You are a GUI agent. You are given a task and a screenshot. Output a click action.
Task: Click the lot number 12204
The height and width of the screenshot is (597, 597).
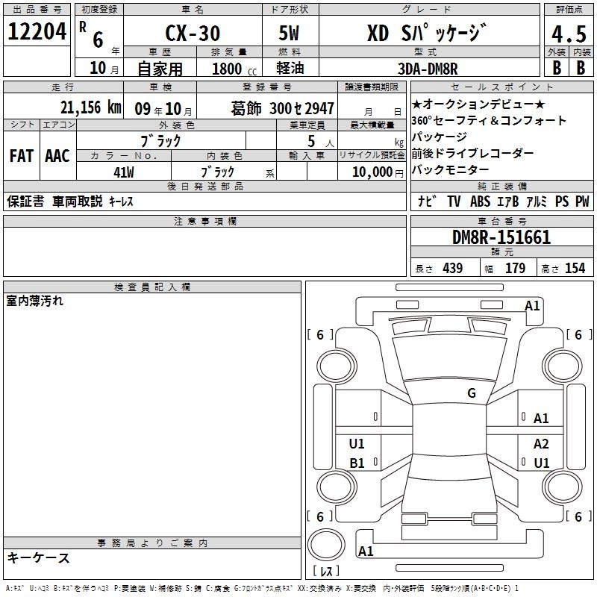(x=37, y=31)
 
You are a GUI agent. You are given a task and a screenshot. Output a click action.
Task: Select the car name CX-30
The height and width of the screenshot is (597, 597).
(x=193, y=33)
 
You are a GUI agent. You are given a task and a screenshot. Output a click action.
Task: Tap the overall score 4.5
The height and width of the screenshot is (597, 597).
(x=569, y=34)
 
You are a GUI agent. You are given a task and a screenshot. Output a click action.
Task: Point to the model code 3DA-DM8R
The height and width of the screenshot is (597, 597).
(x=428, y=69)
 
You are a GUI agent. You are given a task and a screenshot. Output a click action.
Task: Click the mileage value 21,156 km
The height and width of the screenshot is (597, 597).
(x=90, y=107)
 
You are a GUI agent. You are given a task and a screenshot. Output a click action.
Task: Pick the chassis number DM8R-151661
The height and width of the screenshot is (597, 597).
(x=501, y=237)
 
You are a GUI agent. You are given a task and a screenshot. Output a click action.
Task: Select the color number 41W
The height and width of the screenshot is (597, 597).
(x=124, y=172)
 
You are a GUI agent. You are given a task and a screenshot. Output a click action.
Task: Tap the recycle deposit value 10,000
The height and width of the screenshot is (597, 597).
(x=372, y=172)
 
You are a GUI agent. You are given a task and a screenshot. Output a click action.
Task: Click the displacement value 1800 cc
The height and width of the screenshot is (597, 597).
(x=234, y=69)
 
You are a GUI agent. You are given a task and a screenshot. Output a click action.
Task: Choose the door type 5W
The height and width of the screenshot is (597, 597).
(x=289, y=33)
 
